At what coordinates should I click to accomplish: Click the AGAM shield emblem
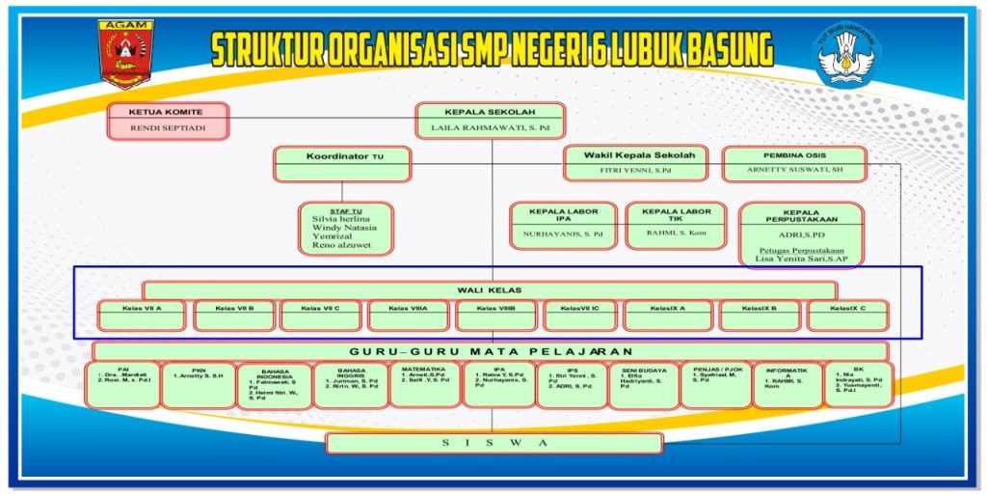[x=124, y=54]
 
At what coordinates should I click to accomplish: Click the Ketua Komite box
[x=168, y=121]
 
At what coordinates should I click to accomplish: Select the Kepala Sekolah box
[x=490, y=120]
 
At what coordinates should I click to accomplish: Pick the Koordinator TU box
[x=342, y=163]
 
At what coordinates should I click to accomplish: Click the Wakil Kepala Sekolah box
[x=635, y=163]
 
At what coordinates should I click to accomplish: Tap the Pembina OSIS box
[x=793, y=163]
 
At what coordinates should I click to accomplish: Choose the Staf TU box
[x=345, y=228]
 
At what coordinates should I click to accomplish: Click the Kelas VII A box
[x=142, y=315]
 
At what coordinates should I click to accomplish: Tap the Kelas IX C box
[x=848, y=315]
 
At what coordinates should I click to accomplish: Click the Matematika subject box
[x=425, y=384]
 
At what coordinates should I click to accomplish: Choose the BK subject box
[x=858, y=384]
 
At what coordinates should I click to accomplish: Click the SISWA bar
[x=493, y=443]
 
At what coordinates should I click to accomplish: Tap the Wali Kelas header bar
[x=490, y=289]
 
